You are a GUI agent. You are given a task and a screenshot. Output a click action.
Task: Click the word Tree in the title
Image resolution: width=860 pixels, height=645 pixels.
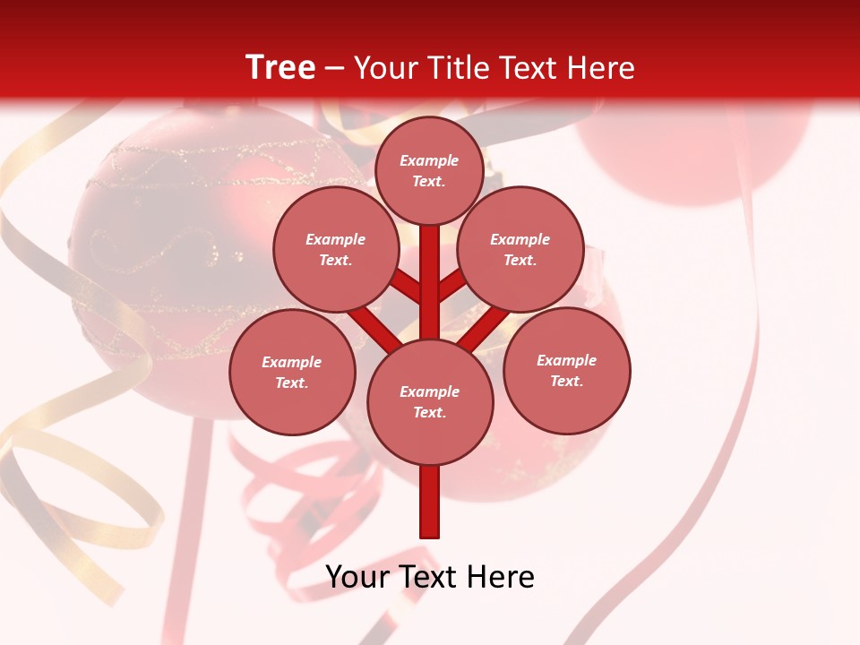(x=280, y=67)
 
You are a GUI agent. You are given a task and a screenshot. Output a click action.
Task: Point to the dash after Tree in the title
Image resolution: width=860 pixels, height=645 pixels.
(x=334, y=69)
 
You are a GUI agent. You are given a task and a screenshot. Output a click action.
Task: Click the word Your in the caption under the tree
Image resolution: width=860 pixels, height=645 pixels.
(x=358, y=577)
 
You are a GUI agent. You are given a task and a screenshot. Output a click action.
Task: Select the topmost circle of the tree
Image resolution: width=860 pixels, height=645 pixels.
(x=429, y=170)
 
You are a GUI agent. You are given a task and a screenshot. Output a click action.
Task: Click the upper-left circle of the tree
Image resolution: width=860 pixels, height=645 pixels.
(x=335, y=250)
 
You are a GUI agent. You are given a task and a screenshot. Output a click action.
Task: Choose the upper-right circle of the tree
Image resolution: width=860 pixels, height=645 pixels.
(x=520, y=250)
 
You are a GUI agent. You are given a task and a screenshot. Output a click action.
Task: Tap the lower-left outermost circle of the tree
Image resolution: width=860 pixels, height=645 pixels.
(x=292, y=372)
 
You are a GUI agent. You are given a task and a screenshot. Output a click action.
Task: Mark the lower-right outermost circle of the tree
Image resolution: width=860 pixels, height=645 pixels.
(x=566, y=370)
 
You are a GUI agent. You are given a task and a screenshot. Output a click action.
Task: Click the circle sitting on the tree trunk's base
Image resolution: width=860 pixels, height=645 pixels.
(x=430, y=401)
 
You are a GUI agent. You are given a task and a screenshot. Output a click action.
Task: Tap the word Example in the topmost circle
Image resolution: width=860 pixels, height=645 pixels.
(x=429, y=161)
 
